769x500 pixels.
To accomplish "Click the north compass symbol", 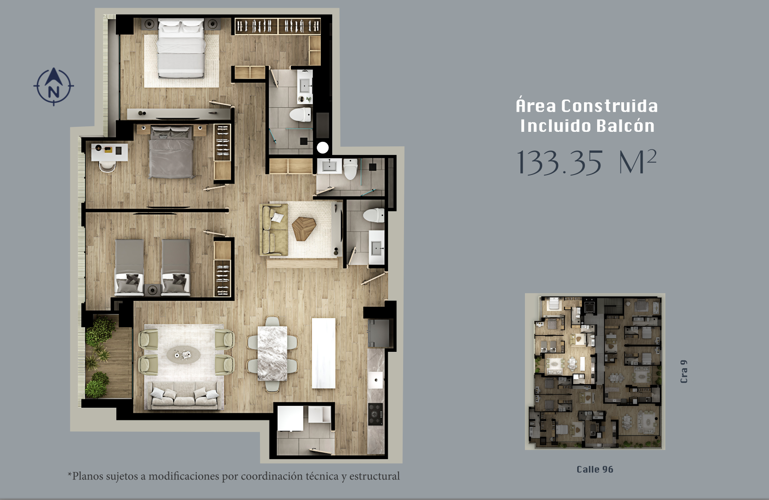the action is click(54, 86).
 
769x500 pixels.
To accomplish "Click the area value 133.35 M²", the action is click(587, 162).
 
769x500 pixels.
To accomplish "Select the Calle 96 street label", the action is click(595, 470).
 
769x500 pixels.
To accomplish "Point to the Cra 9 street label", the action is click(684, 371).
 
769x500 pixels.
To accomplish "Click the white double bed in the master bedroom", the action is click(180, 49).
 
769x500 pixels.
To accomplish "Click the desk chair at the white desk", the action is click(107, 166).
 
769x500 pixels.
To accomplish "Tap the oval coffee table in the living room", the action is click(183, 355).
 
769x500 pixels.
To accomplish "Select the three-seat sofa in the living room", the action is click(185, 395).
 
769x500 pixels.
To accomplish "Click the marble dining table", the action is click(272, 353).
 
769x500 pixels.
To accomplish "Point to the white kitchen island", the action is click(324, 353).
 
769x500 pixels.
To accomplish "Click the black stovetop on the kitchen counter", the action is click(375, 414).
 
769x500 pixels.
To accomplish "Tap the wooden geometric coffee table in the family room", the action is click(304, 228).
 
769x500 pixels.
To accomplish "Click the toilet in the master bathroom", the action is click(300, 115).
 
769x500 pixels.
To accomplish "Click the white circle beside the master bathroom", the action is click(322, 148).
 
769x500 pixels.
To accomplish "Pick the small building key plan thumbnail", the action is click(595, 371).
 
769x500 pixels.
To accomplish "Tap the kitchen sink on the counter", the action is click(375, 380).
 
